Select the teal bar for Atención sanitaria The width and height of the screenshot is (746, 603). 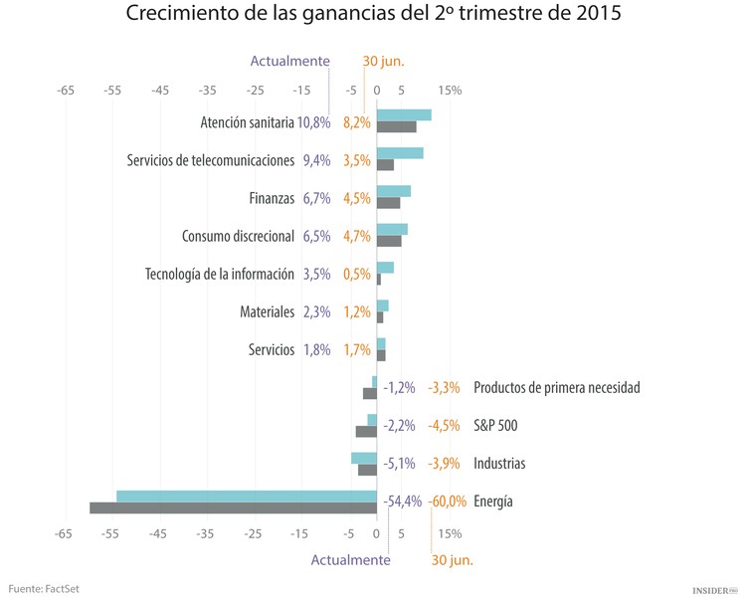tap(404, 114)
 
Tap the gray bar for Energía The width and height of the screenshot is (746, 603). tap(233, 507)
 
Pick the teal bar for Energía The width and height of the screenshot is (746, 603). tap(247, 496)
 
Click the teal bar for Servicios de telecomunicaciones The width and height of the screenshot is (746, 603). tap(400, 153)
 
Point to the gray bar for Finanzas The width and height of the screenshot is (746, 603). tap(388, 203)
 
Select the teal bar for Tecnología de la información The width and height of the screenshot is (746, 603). tap(385, 268)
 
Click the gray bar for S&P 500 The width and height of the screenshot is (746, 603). tap(366, 432)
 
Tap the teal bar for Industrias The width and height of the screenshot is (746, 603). tap(363, 458)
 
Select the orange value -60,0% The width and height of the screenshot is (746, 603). tap(448, 502)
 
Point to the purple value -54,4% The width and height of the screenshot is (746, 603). tap(402, 502)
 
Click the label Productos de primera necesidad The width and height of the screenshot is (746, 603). tap(556, 388)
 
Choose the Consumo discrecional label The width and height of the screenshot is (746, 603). tap(238, 236)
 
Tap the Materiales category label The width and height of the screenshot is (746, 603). tap(268, 311)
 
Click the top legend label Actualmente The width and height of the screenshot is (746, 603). tap(289, 62)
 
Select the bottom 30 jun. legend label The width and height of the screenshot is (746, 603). tap(452, 560)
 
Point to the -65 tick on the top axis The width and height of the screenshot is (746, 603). tap(66, 91)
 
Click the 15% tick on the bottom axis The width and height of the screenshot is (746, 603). tap(450, 534)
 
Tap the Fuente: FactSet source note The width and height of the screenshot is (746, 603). tap(44, 589)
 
